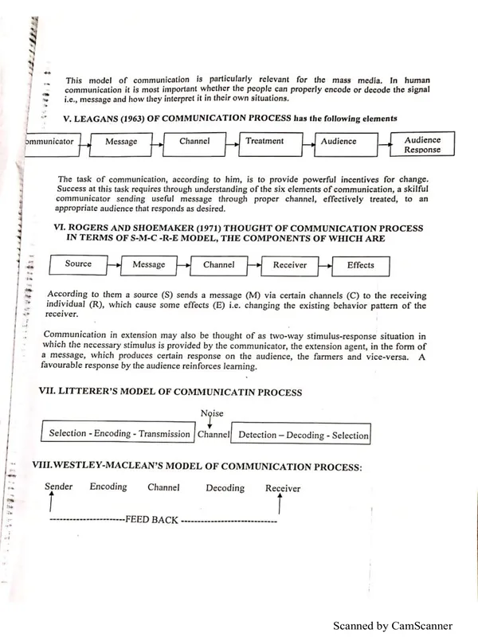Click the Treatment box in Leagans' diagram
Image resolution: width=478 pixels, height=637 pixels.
pyautogui.click(x=264, y=142)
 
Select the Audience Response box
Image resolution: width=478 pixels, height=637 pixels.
pyautogui.click(x=422, y=144)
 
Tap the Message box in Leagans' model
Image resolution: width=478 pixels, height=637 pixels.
pyautogui.click(x=120, y=143)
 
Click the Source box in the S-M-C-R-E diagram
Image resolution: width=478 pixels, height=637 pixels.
pyautogui.click(x=78, y=264)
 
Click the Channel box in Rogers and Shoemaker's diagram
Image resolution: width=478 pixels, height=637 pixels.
pyautogui.click(x=219, y=264)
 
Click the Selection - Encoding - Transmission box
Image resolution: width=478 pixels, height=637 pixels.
pyautogui.click(x=119, y=434)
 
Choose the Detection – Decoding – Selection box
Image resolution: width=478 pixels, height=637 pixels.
pyautogui.click(x=304, y=435)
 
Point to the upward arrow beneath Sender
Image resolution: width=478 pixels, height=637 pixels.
pyautogui.click(x=51, y=504)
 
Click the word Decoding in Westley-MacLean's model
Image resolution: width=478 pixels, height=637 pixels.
pyautogui.click(x=225, y=488)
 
